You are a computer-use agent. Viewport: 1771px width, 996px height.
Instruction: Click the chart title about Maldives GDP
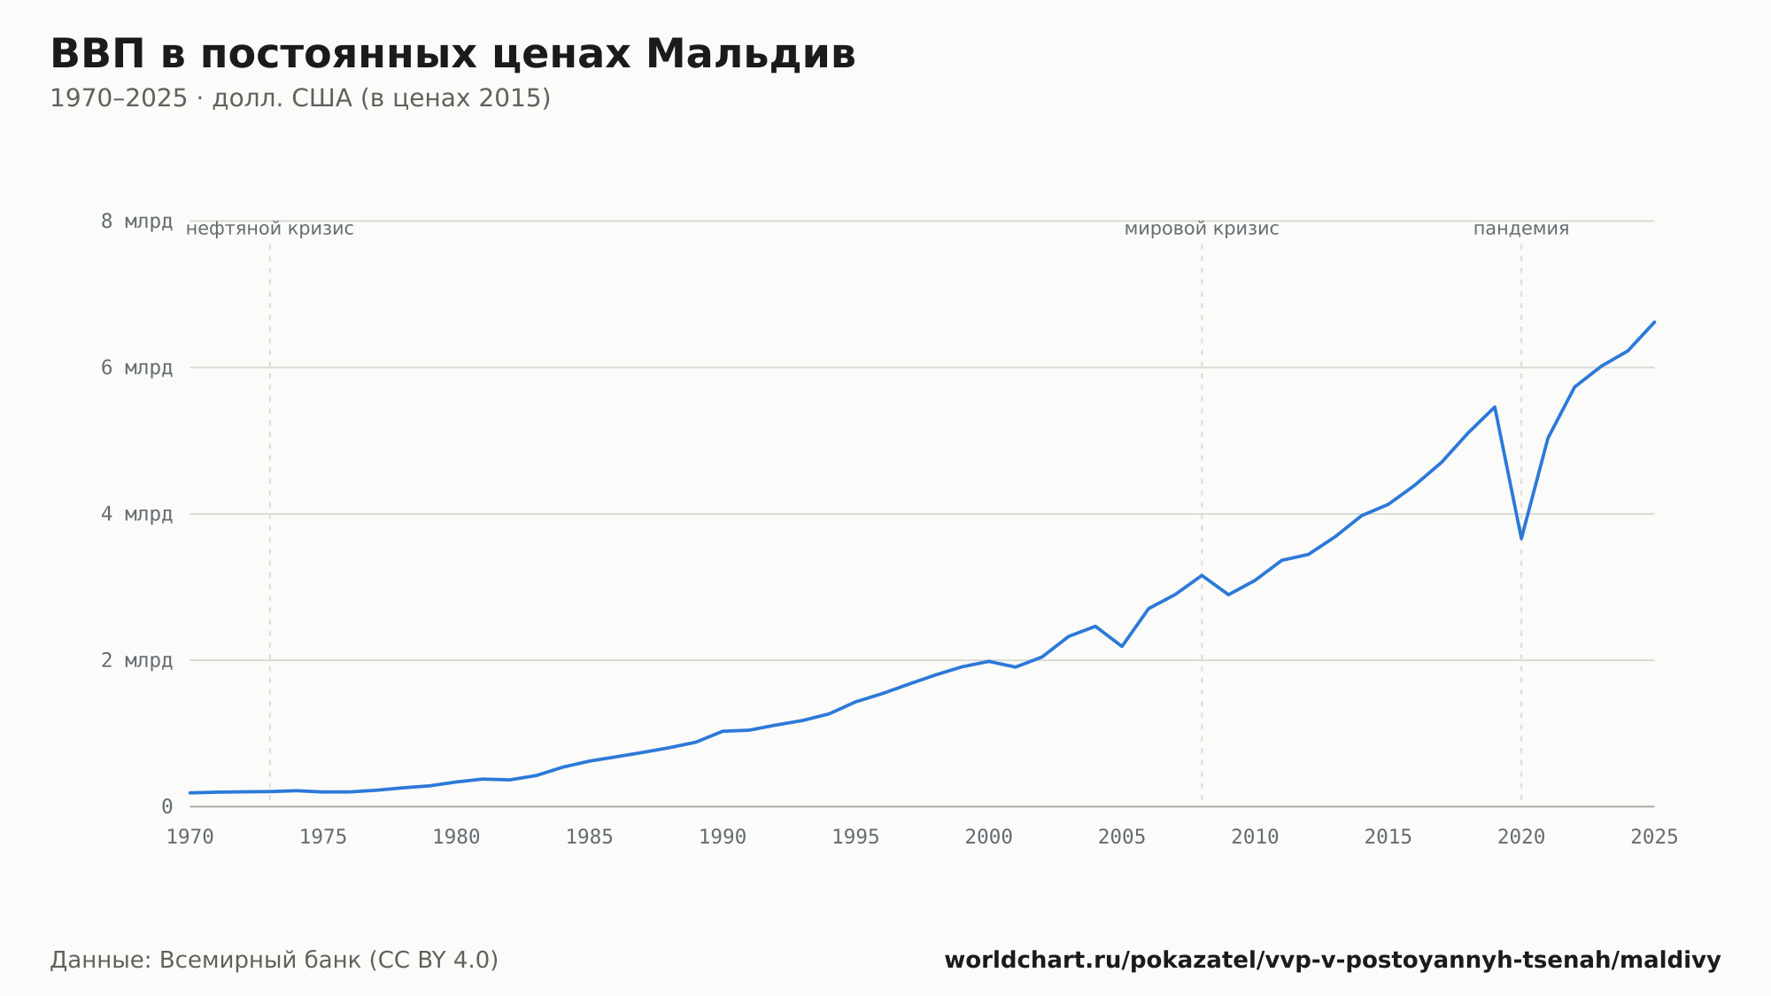click(x=452, y=54)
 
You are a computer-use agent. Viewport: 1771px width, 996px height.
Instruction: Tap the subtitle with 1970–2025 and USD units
click(x=300, y=98)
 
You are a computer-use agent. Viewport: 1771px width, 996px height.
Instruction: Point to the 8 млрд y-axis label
click(x=136, y=222)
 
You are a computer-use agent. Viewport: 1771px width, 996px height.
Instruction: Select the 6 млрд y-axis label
click(x=136, y=368)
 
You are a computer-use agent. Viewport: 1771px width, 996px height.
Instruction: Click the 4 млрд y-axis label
click(x=136, y=514)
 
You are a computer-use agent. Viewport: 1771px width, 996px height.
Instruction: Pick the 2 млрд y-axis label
click(x=136, y=660)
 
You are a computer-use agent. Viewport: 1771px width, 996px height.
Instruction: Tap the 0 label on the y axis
click(x=166, y=806)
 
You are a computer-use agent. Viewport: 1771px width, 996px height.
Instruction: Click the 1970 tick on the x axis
click(x=190, y=837)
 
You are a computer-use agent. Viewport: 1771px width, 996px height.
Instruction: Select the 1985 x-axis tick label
click(x=590, y=837)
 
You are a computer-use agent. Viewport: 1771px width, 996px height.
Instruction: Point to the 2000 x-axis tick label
click(x=989, y=837)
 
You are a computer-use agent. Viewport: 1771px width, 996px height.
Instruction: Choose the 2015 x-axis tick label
click(x=1388, y=837)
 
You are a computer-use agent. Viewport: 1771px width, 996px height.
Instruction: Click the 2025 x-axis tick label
click(x=1654, y=837)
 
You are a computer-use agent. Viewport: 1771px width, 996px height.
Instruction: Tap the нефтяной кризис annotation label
click(x=270, y=229)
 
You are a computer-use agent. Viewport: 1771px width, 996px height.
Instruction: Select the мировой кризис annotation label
click(x=1202, y=229)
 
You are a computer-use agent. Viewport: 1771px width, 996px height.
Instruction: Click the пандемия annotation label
click(x=1521, y=229)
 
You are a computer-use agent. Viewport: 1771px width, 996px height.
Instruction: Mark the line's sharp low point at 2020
click(x=1521, y=539)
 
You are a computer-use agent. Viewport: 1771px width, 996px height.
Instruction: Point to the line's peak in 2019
click(x=1495, y=407)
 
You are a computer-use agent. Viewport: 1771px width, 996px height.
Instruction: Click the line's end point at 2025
click(x=1654, y=322)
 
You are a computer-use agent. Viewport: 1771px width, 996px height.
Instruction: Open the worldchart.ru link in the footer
click(x=1333, y=961)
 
